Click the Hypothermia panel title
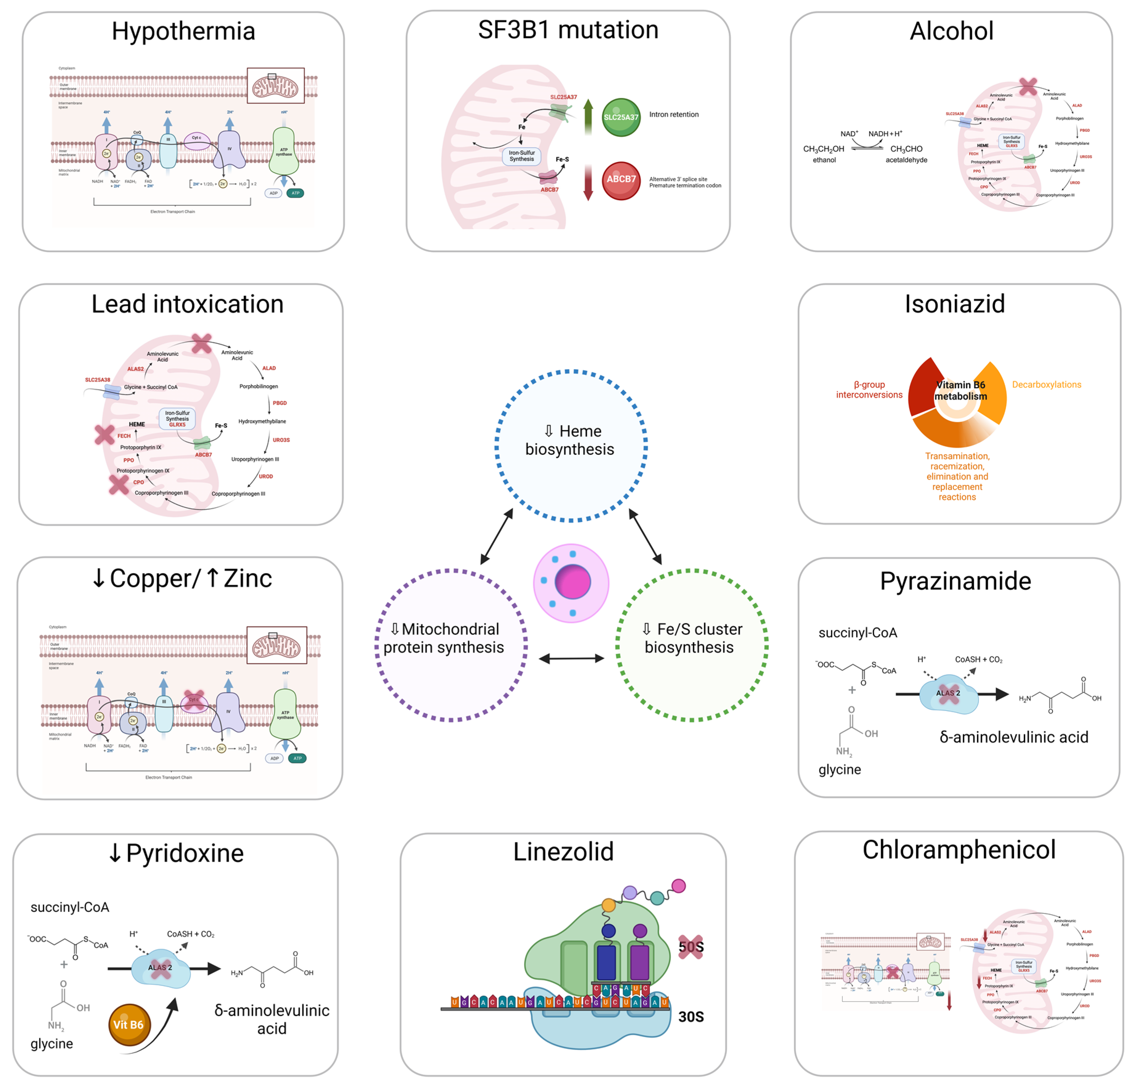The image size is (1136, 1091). pyautogui.click(x=183, y=31)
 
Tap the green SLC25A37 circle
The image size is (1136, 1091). pyautogui.click(x=621, y=117)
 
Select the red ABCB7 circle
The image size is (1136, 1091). pyautogui.click(x=621, y=180)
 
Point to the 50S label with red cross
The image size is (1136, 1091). pyautogui.click(x=691, y=947)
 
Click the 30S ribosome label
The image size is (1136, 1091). pyautogui.click(x=691, y=1017)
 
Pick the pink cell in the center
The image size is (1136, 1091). pyautogui.click(x=571, y=583)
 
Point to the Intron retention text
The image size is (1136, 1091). pyautogui.click(x=673, y=115)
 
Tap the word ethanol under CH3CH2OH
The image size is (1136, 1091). pyautogui.click(x=824, y=160)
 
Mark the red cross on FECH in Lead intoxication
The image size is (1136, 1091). pyautogui.click(x=105, y=434)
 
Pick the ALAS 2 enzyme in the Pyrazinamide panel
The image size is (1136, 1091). pyautogui.click(x=948, y=693)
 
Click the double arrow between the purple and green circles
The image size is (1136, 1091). pyautogui.click(x=571, y=658)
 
